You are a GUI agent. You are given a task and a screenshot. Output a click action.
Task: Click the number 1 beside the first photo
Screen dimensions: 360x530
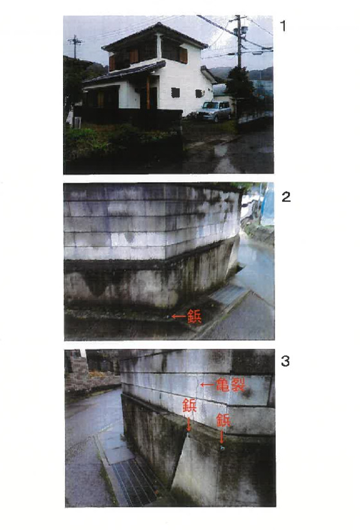pos(283,26)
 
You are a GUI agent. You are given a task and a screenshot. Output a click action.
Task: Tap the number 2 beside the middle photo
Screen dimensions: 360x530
pos(285,197)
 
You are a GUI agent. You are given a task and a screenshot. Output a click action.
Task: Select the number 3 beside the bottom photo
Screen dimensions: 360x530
pos(285,361)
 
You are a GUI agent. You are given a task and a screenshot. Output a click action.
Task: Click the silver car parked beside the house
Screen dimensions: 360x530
pos(214,111)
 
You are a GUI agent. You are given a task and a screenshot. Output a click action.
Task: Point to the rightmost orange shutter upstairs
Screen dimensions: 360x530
pos(183,55)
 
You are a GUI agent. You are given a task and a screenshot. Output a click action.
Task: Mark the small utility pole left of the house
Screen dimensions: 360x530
pos(75,46)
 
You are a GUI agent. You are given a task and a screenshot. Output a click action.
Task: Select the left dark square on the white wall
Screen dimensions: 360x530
pos(175,92)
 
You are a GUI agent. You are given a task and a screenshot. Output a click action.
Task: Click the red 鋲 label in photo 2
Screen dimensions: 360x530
pos(195,316)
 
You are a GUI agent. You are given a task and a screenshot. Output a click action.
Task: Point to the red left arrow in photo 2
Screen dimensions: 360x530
pos(179,316)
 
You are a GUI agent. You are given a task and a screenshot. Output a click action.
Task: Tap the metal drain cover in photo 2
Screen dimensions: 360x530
pos(228,294)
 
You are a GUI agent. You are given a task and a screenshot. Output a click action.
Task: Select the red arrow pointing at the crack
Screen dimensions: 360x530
pos(208,385)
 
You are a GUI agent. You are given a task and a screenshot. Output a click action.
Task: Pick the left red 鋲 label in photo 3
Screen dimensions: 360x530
pos(190,405)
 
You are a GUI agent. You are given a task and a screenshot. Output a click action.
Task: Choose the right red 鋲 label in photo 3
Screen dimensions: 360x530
pos(224,420)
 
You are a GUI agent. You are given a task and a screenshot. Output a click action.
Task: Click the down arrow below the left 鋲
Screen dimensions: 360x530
pos(189,424)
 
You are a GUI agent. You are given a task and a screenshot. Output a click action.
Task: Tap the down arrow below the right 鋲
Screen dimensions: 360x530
pos(222,437)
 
